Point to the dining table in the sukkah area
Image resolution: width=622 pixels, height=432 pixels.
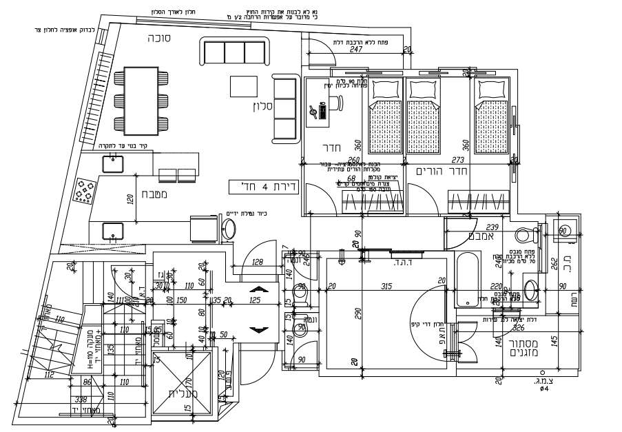[x=144, y=101]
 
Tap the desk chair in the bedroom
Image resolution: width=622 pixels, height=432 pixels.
[x=337, y=103]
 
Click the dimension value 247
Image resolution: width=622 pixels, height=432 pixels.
[x=356, y=49]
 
